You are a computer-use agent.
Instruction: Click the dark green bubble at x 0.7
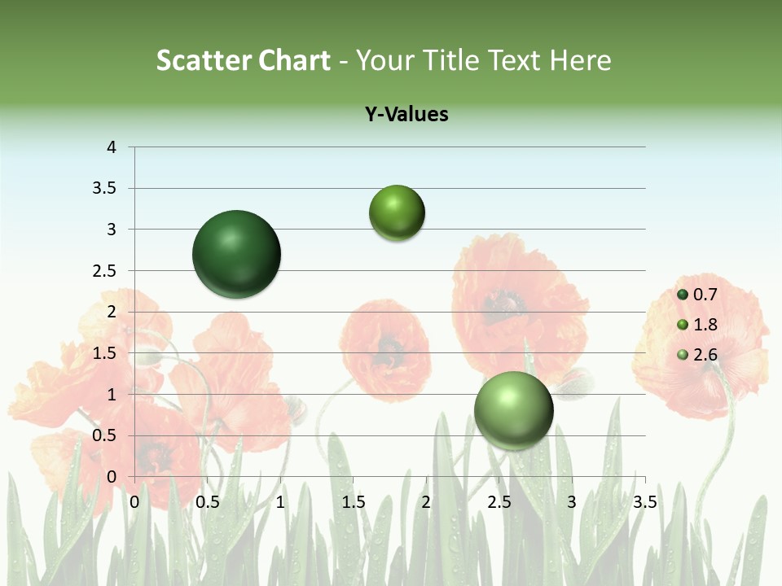coord(236,254)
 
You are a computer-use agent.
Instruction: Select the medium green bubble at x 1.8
coord(397,212)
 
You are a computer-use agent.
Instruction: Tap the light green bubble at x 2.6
coord(513,410)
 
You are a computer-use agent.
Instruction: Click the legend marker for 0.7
coord(683,295)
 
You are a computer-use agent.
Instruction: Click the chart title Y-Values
coord(406,115)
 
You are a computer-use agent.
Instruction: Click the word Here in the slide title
coord(580,60)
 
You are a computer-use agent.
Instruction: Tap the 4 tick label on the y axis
coord(112,147)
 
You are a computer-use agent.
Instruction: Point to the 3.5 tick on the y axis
coord(107,188)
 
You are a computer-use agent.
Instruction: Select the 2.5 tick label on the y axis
coord(107,270)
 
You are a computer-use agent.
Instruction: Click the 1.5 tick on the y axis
coord(107,352)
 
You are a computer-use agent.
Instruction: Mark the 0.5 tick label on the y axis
coord(107,435)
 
